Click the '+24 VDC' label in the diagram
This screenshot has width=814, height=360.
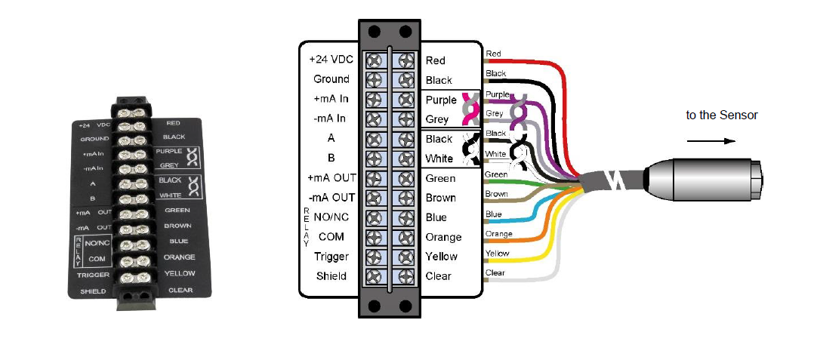(328, 60)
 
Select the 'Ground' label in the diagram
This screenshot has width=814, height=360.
(331, 79)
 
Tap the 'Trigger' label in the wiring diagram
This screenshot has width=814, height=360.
(331, 257)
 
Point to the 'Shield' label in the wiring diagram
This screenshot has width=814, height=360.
(331, 276)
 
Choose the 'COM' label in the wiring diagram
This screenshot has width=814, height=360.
(331, 237)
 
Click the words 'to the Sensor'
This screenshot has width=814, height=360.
(721, 115)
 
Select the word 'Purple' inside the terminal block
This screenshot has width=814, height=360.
(441, 100)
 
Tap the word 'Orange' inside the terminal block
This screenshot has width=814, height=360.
(443, 237)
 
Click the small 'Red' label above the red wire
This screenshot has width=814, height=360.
(494, 54)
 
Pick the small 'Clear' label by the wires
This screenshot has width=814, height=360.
(495, 272)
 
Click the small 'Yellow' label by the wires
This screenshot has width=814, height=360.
(497, 254)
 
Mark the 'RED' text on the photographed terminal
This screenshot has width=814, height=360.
(173, 122)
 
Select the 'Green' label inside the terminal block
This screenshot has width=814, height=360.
(440, 178)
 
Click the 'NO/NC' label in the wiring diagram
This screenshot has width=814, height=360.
(331, 217)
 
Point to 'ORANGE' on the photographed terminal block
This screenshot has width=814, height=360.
(179, 257)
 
